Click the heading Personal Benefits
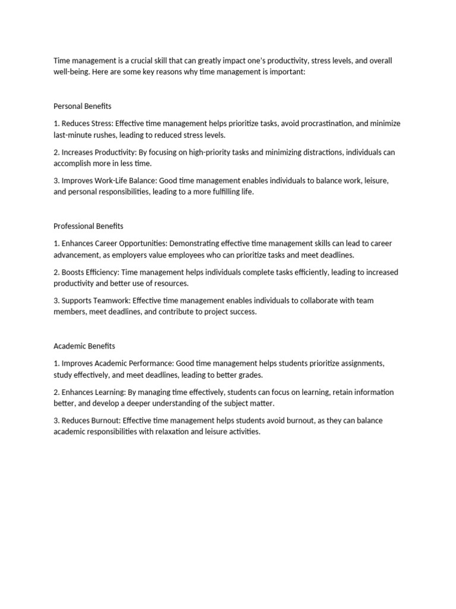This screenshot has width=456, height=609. pyautogui.click(x=82, y=106)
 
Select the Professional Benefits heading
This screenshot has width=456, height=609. pyautogui.click(x=88, y=226)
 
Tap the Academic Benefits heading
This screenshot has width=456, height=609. pyautogui.click(x=84, y=346)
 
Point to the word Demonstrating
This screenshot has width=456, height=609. pyautogui.click(x=194, y=243)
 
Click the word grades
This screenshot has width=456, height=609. pyautogui.click(x=249, y=375)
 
